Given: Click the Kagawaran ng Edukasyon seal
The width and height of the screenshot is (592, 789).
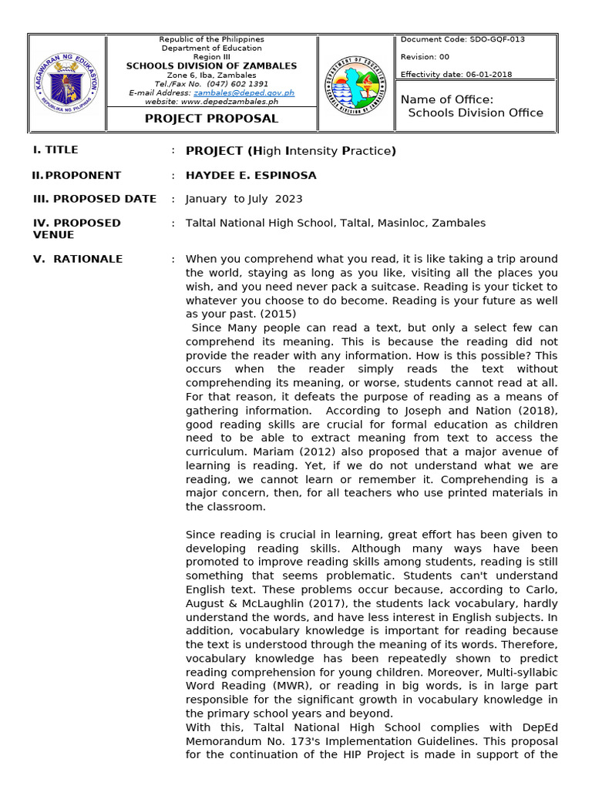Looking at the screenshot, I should (x=67, y=83).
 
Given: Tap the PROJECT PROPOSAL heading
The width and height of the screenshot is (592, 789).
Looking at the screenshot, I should (x=212, y=119).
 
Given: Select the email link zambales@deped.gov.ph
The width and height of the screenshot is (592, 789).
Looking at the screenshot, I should (x=244, y=92).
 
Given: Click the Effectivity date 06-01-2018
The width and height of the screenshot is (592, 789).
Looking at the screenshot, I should (x=456, y=75).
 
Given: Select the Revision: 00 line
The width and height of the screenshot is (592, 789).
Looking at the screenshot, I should (x=425, y=57).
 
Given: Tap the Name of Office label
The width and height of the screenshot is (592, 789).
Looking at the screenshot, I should (x=447, y=99).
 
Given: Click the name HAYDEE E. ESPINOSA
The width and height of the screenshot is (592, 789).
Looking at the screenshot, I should (x=251, y=176).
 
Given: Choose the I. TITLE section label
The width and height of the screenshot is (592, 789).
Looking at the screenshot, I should (x=55, y=150).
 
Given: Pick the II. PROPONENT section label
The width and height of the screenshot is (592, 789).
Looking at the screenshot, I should (x=76, y=176).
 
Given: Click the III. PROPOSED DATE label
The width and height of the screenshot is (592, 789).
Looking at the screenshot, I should (x=95, y=199).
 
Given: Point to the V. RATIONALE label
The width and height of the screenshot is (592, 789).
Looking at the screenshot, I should (x=78, y=259).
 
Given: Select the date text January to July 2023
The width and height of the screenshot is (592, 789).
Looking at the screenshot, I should (x=244, y=199).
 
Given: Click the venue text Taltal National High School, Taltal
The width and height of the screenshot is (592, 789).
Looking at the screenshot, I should (x=335, y=223).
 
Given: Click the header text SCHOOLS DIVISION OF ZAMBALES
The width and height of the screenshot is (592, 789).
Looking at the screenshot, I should (x=211, y=66).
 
